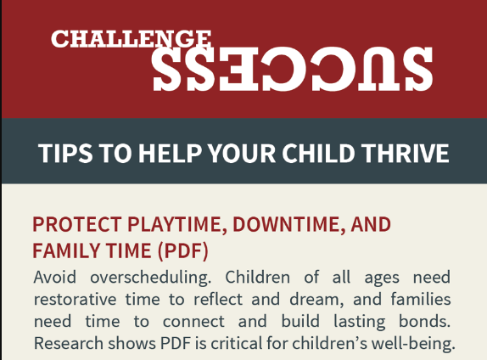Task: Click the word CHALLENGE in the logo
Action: [131, 39]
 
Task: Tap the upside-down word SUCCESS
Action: [292, 69]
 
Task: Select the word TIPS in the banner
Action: [65, 154]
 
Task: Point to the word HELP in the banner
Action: [170, 154]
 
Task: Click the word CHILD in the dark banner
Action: [318, 154]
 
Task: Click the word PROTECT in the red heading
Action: [77, 224]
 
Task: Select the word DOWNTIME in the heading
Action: [288, 225]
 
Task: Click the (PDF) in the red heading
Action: [183, 251]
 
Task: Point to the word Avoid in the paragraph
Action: [54, 277]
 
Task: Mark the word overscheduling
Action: [151, 278]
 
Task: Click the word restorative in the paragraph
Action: [75, 300]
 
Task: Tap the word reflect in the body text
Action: [218, 299]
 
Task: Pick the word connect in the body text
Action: [193, 322]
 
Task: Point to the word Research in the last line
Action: [69, 344]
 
